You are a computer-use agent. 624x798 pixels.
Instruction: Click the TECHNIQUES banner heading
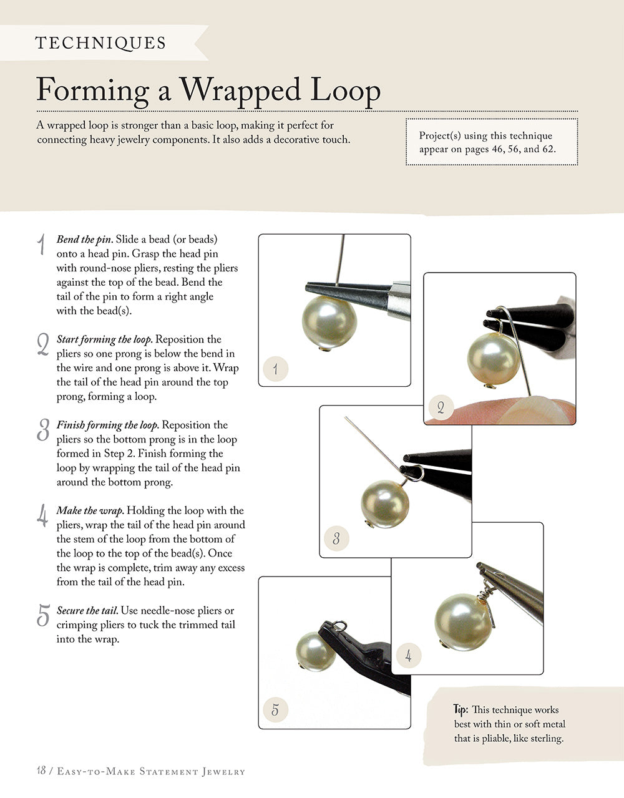pos(100,43)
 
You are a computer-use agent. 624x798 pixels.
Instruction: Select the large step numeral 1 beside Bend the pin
pos(41,244)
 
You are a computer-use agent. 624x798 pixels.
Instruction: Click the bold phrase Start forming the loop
pos(104,339)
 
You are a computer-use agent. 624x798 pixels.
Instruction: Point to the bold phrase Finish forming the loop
pos(107,425)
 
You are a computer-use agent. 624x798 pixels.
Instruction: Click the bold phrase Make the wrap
pos(90,510)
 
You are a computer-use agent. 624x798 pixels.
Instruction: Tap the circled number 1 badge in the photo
pos(275,369)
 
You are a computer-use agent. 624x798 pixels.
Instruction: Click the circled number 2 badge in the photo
pos(441,408)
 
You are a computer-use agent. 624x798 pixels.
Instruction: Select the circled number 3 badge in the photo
pos(336,538)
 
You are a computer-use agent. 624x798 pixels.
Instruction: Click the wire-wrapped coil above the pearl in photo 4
pos(486,587)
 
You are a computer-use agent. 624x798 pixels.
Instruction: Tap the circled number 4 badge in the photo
pos(408,656)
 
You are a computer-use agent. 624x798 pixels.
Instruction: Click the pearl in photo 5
pos(315,651)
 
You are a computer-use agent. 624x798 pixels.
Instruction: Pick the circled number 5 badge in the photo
pos(275,709)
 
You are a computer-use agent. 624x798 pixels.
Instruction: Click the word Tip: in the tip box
pos(461,709)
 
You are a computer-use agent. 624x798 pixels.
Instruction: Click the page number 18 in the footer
pos(41,771)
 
